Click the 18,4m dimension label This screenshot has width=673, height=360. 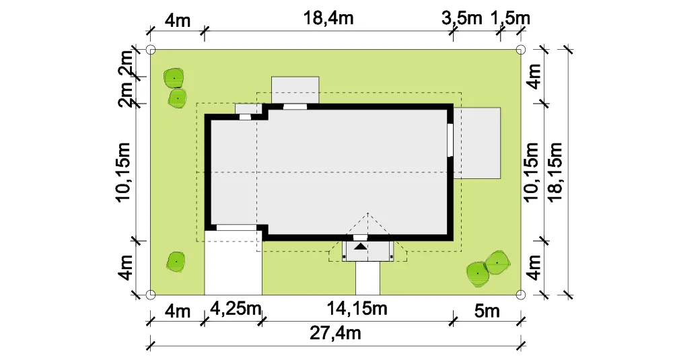coord(328,18)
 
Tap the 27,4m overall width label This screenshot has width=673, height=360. coord(335,333)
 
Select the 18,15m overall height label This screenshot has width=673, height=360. coord(555,172)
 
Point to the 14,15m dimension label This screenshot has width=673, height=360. coord(357,308)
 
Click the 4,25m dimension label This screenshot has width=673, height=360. coord(235,308)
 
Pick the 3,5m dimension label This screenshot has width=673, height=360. coord(462,18)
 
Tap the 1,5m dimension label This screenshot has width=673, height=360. coord(510,18)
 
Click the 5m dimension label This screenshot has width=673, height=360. coord(487,311)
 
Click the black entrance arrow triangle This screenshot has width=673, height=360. coord(361,246)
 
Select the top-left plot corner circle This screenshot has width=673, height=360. coord(151,50)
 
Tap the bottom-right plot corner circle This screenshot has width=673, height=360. coord(520,294)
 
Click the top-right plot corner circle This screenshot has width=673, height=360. coord(520,50)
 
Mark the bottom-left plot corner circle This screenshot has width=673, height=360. coord(151,294)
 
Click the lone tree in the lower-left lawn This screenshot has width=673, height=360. coord(176,261)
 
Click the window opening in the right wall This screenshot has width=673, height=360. coord(450,141)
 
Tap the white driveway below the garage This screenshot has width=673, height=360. coord(233,262)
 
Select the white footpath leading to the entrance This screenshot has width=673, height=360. coord(368,278)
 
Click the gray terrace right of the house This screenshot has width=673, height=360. coord(477,143)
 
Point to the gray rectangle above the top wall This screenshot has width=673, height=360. coord(295,90)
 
